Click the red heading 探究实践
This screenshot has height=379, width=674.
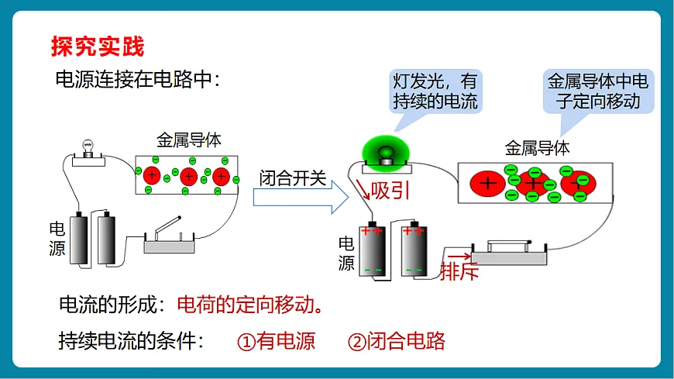pyautogui.click(x=98, y=47)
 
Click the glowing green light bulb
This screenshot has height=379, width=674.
pyautogui.click(x=386, y=152)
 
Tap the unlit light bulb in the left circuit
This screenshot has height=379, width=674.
pyautogui.click(x=88, y=147)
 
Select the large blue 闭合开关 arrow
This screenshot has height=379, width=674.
pyautogui.click(x=301, y=198)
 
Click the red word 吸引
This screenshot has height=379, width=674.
pyautogui.click(x=390, y=190)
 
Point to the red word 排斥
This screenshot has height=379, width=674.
pyautogui.click(x=459, y=271)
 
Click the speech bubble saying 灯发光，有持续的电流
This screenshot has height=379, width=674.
pyautogui.click(x=435, y=91)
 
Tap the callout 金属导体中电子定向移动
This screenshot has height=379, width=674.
pyautogui.click(x=598, y=91)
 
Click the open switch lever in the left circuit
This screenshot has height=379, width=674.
pyautogui.click(x=167, y=225)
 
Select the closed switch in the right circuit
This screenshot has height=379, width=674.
pyautogui.click(x=509, y=252)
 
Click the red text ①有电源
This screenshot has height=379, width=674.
pyautogui.click(x=277, y=342)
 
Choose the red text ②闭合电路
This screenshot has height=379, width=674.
pyautogui.click(x=397, y=342)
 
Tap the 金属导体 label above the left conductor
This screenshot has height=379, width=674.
pyautogui.click(x=189, y=140)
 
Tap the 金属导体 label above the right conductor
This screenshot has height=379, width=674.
pyautogui.click(x=537, y=148)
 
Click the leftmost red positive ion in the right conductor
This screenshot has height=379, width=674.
pyautogui.click(x=487, y=184)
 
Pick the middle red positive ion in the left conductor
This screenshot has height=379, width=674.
pyautogui.click(x=188, y=177)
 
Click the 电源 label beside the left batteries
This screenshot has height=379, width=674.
pyautogui.click(x=57, y=239)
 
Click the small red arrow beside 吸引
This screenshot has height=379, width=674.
pyautogui.click(x=363, y=189)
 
